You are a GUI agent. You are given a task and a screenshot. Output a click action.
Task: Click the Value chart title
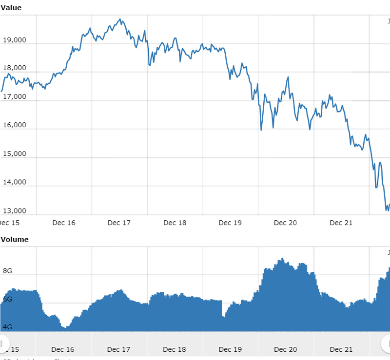coord(11,8)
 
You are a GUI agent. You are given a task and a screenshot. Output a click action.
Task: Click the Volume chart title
coord(15,239)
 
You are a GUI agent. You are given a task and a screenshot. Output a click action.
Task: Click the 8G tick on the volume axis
coord(8,271)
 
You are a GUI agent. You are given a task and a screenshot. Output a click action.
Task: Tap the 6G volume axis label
coord(8,299)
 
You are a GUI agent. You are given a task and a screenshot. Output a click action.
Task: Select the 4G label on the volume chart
coord(8,327)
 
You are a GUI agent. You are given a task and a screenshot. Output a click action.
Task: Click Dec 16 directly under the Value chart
coord(64,223)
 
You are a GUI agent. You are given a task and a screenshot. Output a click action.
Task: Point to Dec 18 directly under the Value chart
coord(175,223)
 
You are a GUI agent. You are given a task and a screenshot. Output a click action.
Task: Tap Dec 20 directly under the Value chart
coord(285,223)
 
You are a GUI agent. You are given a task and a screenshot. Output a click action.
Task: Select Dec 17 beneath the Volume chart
coord(119,349)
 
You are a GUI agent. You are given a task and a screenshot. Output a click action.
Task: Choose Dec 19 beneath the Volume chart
coord(230,349)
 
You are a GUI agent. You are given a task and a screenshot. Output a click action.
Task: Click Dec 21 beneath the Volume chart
coord(341,349)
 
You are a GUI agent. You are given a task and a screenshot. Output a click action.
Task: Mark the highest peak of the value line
coord(120,19)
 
